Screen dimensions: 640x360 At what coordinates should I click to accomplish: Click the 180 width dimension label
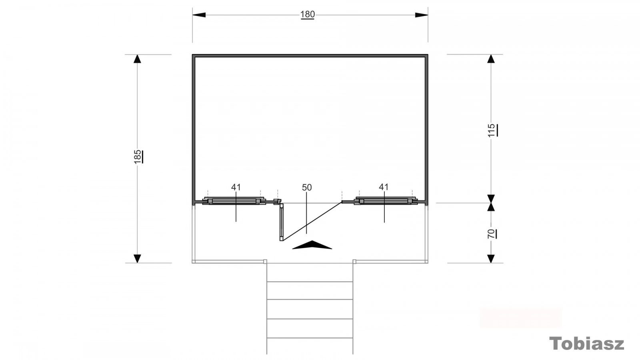(308, 14)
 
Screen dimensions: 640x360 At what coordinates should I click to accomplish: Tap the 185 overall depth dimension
(138, 156)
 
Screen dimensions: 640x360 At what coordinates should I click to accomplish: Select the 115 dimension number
(492, 130)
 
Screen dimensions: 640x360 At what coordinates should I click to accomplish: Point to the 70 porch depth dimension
(491, 234)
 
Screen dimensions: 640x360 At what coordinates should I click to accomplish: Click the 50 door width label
(306, 188)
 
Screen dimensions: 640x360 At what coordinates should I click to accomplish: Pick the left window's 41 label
(236, 187)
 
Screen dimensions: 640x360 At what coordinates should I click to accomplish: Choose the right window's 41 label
(384, 187)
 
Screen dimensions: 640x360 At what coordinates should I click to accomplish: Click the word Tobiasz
(586, 343)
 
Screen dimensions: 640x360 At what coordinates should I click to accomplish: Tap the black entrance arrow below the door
(312, 245)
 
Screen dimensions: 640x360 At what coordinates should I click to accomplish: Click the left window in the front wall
(234, 201)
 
